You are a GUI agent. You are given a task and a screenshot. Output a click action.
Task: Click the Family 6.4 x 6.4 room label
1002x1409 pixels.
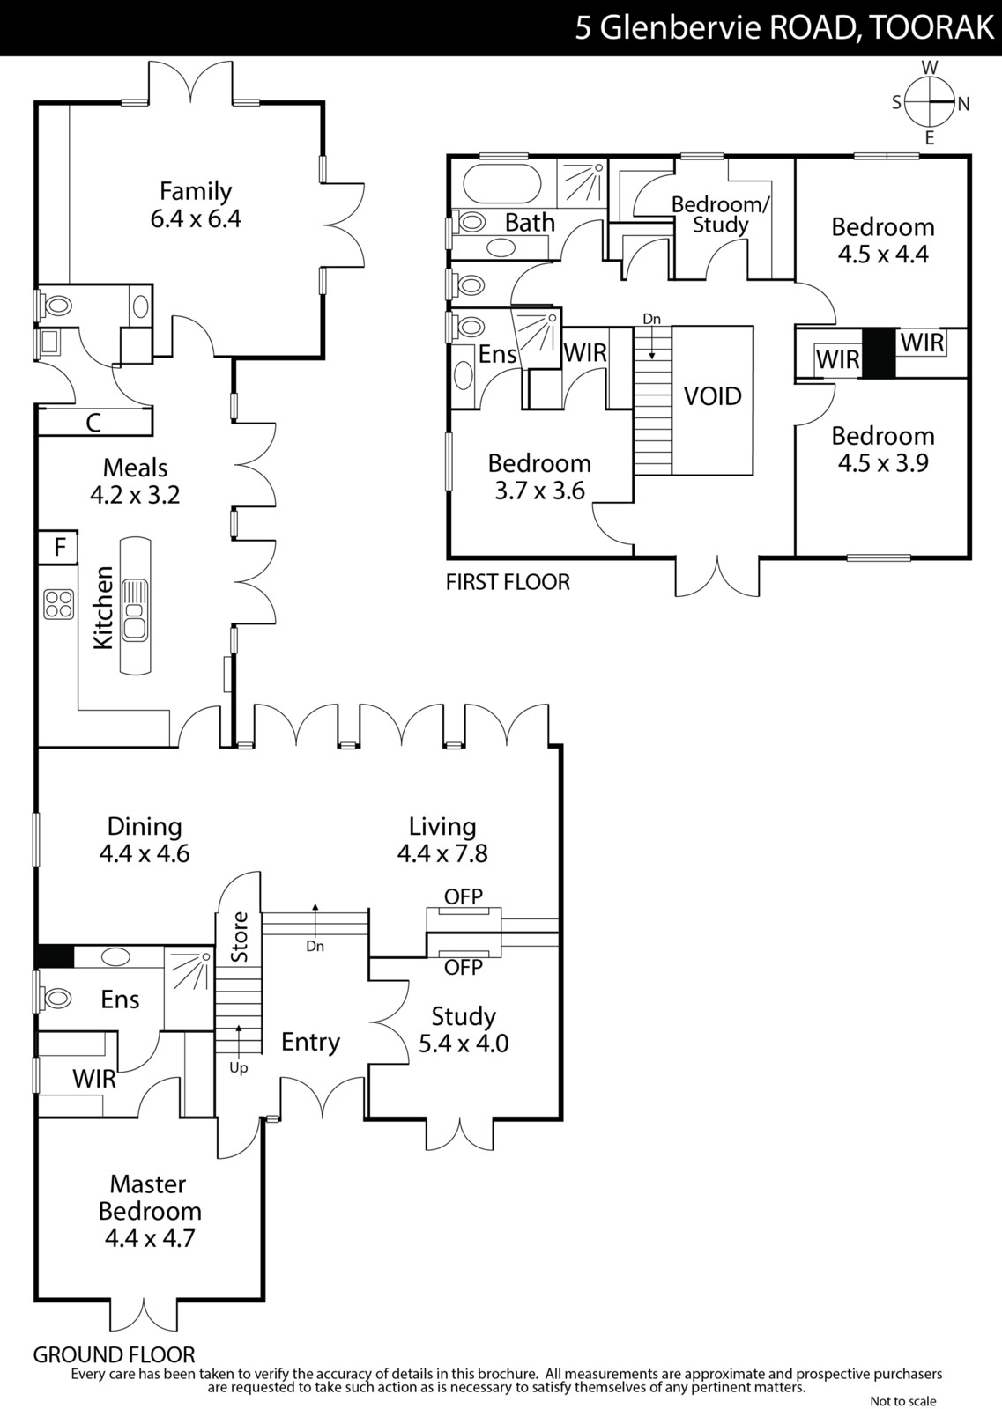(x=196, y=204)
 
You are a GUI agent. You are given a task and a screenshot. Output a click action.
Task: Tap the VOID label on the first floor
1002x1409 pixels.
(x=712, y=396)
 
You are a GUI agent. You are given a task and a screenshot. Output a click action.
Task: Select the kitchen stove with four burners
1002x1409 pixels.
(x=58, y=604)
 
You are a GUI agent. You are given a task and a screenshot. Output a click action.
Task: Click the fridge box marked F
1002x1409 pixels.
(x=58, y=546)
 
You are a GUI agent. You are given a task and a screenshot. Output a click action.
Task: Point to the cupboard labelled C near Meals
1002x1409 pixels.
(x=94, y=423)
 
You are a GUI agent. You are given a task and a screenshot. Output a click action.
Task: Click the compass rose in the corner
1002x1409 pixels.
(x=930, y=102)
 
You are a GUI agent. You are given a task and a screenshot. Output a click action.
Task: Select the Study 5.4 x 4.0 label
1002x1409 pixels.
(x=464, y=1029)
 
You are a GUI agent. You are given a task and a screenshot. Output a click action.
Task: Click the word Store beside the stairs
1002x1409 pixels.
(x=240, y=937)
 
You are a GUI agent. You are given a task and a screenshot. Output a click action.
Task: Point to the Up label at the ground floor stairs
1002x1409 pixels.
(x=239, y=1067)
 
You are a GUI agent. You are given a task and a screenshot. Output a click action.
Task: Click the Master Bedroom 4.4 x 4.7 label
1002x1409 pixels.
(x=150, y=1211)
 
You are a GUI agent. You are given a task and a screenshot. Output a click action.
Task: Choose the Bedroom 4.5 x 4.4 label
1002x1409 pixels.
(x=883, y=240)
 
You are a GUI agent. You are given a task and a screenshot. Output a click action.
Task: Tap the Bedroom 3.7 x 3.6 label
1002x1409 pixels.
(x=539, y=476)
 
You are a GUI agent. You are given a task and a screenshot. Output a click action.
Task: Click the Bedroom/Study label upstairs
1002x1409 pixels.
(x=721, y=215)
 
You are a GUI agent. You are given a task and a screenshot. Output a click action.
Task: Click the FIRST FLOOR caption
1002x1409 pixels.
(x=508, y=582)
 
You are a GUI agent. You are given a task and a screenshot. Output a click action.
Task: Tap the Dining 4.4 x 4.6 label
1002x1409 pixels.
(x=145, y=840)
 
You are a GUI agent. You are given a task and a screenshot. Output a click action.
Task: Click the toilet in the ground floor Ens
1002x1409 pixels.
(x=56, y=998)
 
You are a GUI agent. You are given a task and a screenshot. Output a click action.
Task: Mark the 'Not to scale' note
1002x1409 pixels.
(x=903, y=1401)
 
